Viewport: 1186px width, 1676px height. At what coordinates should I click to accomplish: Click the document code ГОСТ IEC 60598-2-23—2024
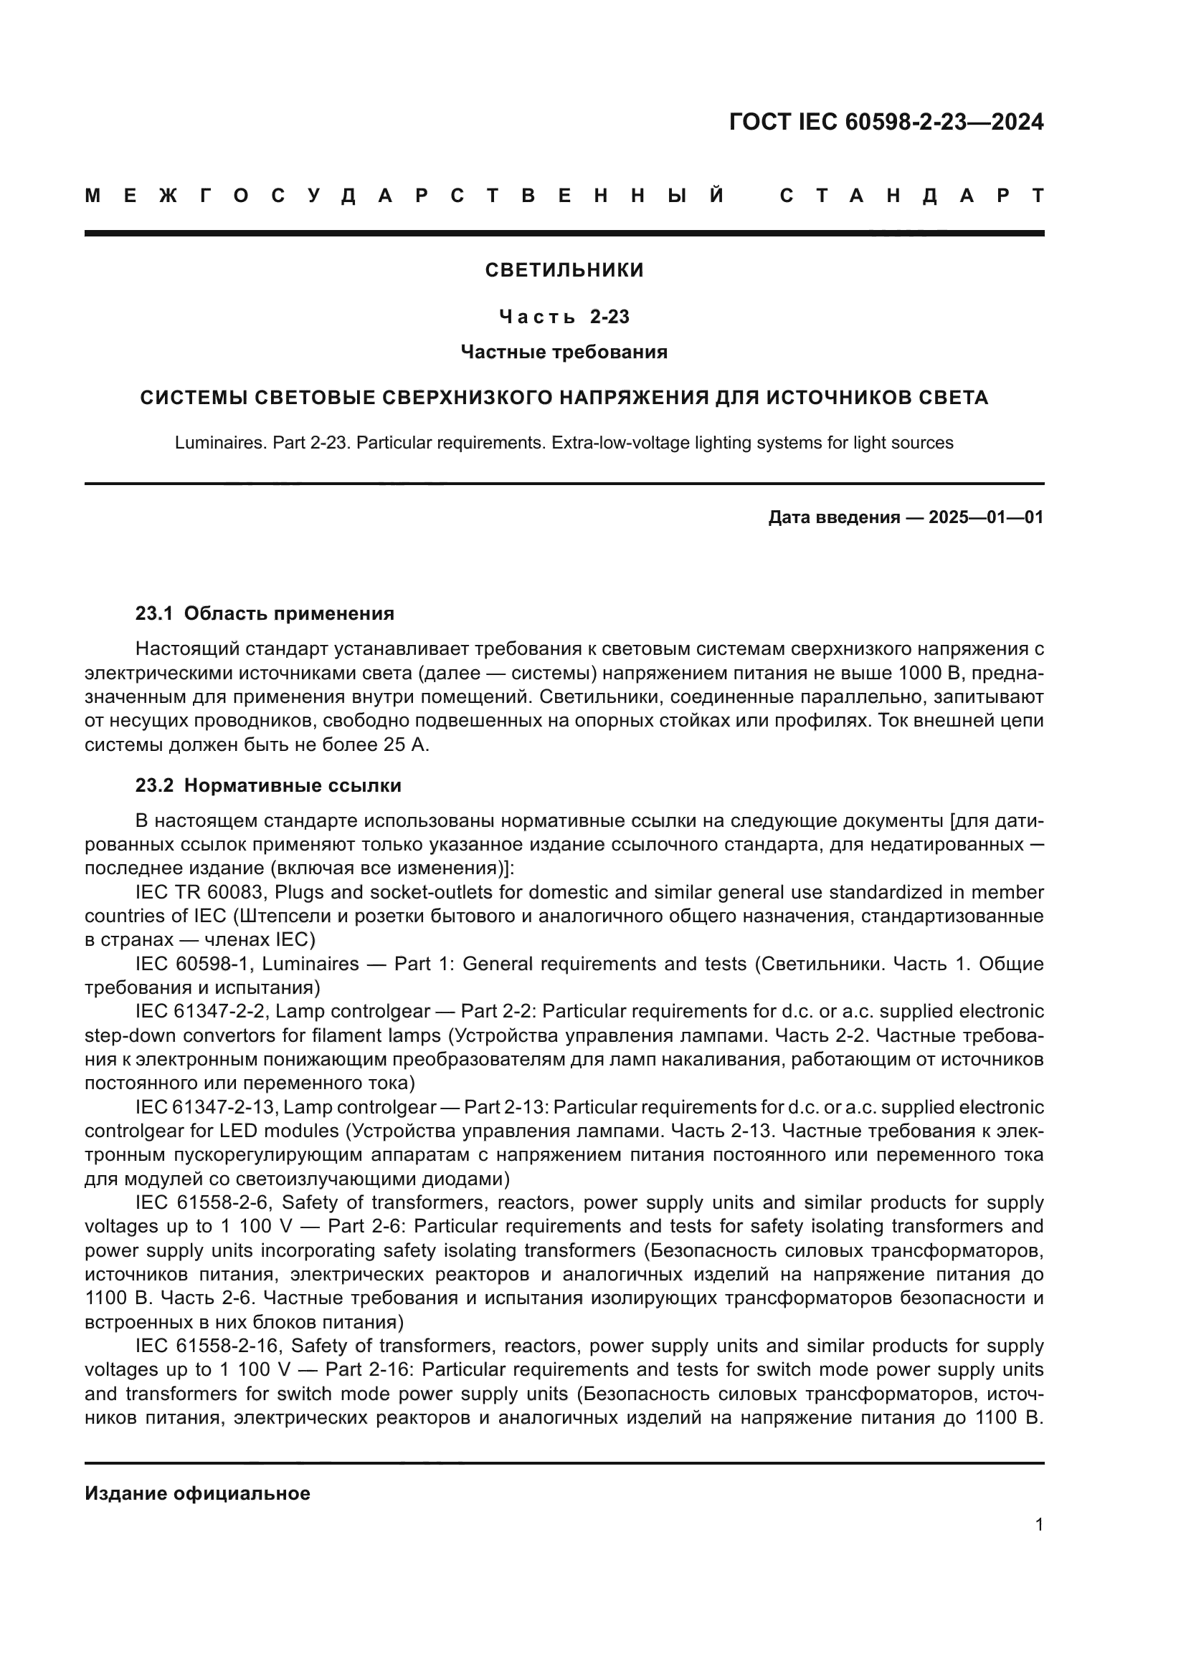(x=886, y=122)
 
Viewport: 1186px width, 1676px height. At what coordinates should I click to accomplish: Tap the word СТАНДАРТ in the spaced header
(x=911, y=196)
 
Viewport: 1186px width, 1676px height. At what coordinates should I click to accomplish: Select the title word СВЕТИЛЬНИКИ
(x=564, y=270)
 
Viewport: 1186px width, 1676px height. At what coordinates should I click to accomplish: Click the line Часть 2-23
(x=564, y=317)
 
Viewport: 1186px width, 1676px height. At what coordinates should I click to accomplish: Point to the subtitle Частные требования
(x=564, y=352)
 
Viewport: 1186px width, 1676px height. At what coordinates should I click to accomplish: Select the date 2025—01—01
(x=986, y=517)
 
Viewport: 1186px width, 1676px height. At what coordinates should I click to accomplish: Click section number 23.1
(x=153, y=613)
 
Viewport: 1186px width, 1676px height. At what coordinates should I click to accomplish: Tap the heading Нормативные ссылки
(x=292, y=785)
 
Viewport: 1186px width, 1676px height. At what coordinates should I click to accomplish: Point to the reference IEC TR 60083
(x=195, y=892)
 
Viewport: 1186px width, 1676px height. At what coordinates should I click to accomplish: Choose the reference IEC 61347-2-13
(x=205, y=1107)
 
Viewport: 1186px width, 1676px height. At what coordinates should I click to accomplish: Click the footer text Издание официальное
(x=197, y=1493)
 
